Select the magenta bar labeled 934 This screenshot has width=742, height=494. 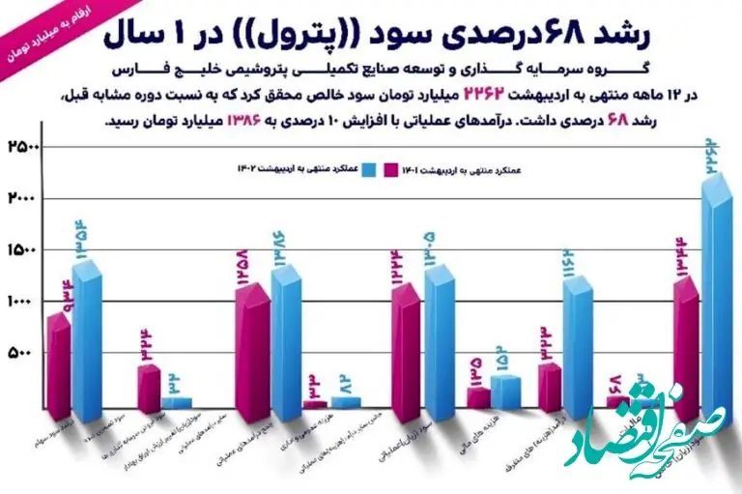pyautogui.click(x=58, y=367)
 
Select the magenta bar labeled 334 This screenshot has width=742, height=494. pyautogui.click(x=148, y=387)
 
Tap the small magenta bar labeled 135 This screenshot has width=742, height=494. pyautogui.click(x=478, y=397)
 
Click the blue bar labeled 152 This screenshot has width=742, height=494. pyautogui.click(x=505, y=392)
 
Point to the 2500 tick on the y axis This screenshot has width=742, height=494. pyautogui.click(x=21, y=148)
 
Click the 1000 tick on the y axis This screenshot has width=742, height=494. pyautogui.click(x=21, y=303)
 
